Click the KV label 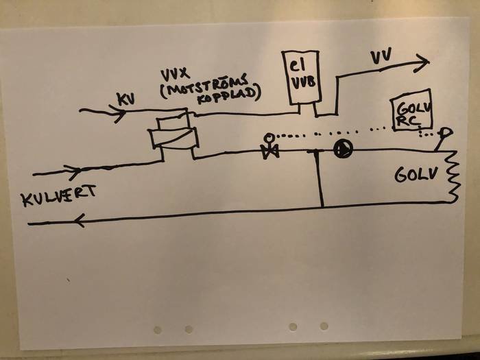(126, 99)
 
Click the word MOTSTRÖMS (204, 86)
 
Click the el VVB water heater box (300, 77)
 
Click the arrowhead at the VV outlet (421, 62)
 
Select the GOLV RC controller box (411, 110)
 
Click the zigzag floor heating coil (453, 177)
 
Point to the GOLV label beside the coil (415, 175)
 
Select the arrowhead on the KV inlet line (119, 113)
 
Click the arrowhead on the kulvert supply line (73, 171)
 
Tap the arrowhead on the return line (80, 220)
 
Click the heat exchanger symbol (173, 134)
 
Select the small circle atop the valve (269, 137)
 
